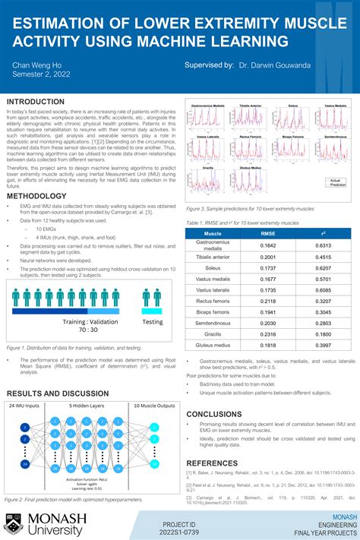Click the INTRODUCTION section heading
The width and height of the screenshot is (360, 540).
pyautogui.click(x=36, y=101)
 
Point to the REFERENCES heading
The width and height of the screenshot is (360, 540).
pyautogui.click(x=212, y=463)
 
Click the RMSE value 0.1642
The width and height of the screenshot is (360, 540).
pyautogui.click(x=268, y=245)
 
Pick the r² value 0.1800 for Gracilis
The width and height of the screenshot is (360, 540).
pyautogui.click(x=324, y=333)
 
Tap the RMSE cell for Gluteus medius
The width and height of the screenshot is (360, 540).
pyautogui.click(x=268, y=345)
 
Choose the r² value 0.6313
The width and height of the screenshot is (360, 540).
pyautogui.click(x=324, y=245)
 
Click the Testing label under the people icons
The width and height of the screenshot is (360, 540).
pyautogui.click(x=153, y=322)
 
